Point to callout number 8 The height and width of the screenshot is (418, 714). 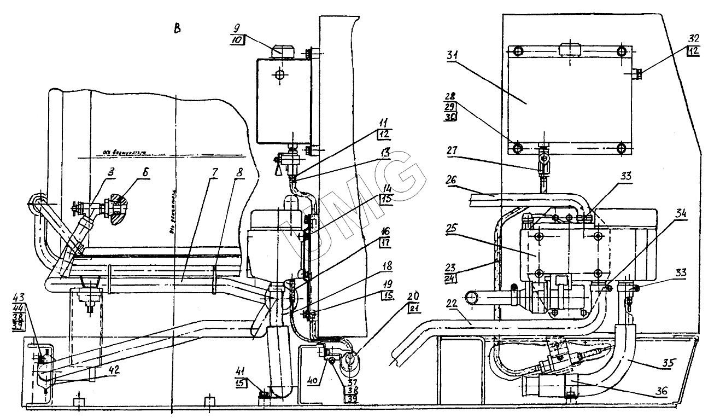(239, 172)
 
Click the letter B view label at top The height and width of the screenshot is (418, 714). (177, 28)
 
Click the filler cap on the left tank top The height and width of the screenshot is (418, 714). (283, 51)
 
